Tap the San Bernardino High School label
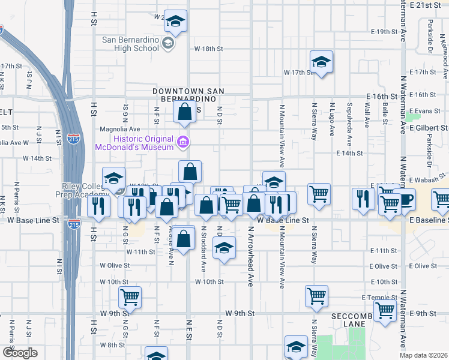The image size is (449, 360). tap(131, 44)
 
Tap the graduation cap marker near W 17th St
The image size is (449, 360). tap(321, 62)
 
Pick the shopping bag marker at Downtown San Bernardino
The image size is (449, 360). tap(184, 112)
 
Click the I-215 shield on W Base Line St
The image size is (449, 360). tap(74, 224)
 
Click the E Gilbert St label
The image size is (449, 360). tap(427, 128)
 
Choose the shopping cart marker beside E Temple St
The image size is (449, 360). tap(316, 296)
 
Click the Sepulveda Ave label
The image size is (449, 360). tap(349, 125)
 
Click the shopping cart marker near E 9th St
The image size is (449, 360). tap(385, 310)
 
